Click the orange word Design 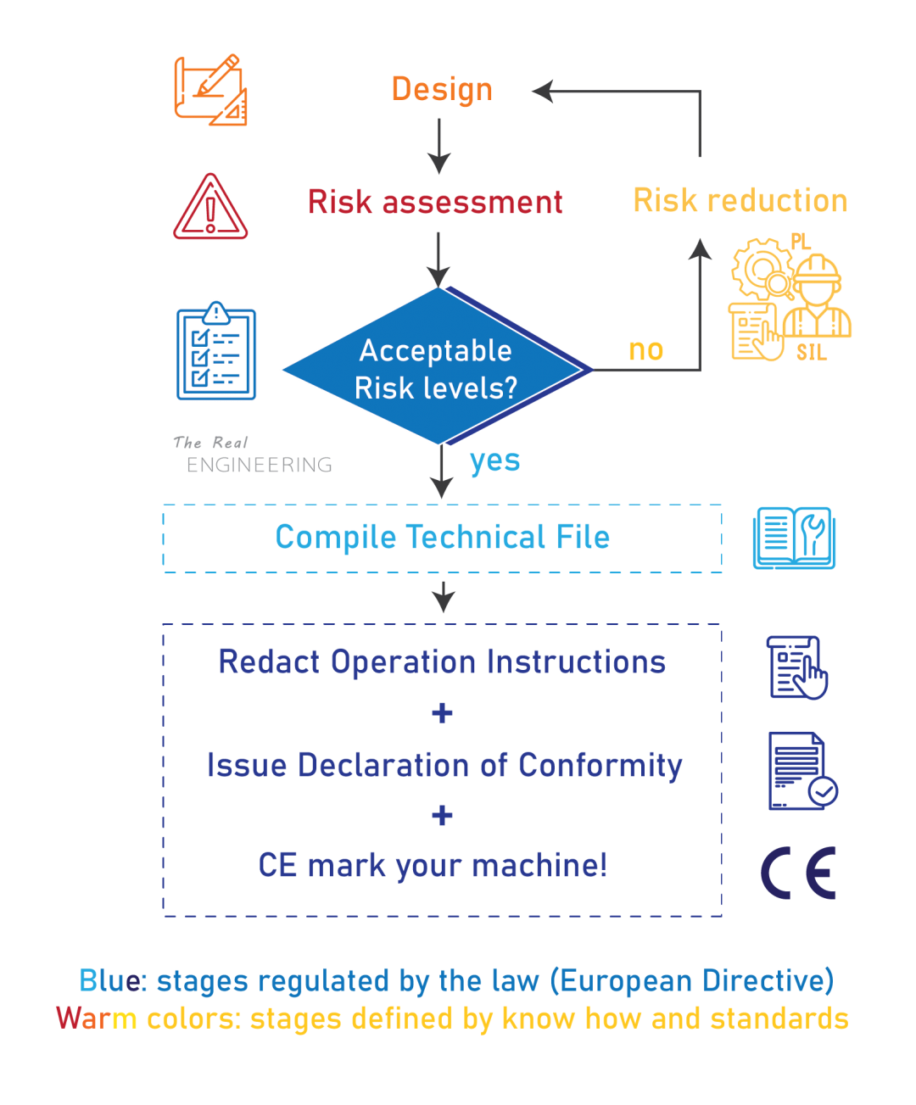[x=442, y=90]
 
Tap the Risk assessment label [x=435, y=203]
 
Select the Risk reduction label [x=740, y=201]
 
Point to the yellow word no [x=645, y=349]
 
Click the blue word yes [x=494, y=460]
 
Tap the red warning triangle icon [x=210, y=207]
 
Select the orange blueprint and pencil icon [x=210, y=90]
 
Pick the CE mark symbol [x=799, y=873]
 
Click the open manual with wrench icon [x=794, y=539]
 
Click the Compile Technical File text [x=442, y=538]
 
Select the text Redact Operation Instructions [x=442, y=662]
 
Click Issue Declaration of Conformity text [x=444, y=765]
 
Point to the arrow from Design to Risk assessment [x=438, y=146]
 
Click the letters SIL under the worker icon [x=811, y=353]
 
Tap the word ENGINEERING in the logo [x=259, y=465]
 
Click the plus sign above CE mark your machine [x=442, y=816]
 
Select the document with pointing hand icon [x=797, y=667]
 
